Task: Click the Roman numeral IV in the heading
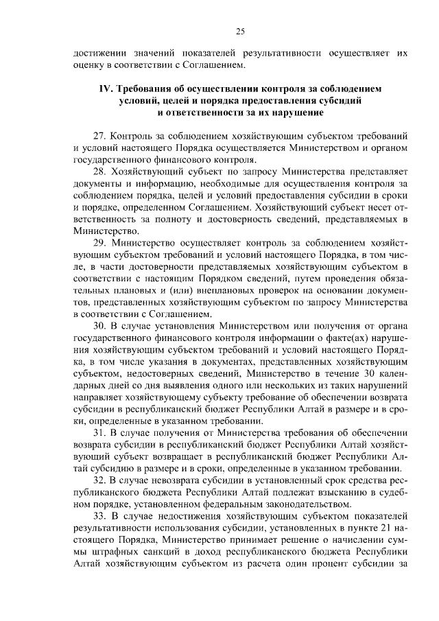105,89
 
